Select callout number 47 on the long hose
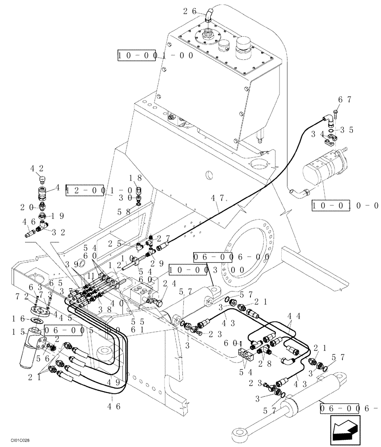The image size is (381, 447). coord(217,197)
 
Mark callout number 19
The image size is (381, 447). coord(56,215)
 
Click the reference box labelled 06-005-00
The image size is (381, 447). coord(82,330)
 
